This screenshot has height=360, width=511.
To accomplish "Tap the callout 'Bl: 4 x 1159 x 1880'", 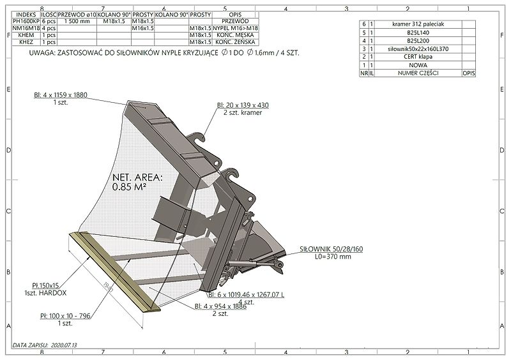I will pyautogui.click(x=61, y=95).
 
